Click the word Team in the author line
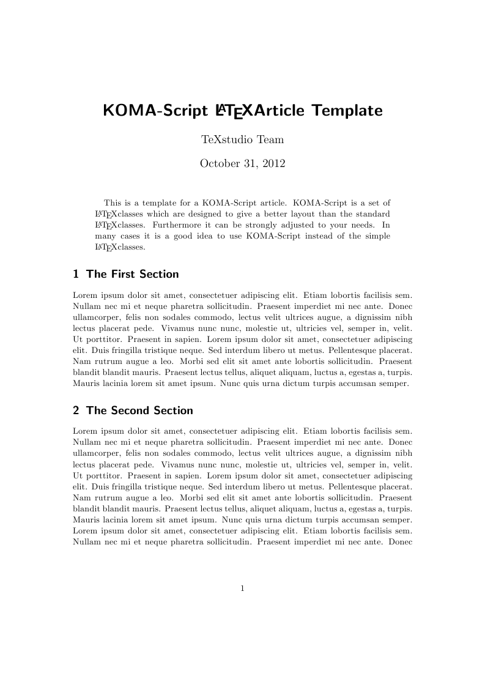point(270,139)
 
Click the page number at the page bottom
point(243,589)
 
